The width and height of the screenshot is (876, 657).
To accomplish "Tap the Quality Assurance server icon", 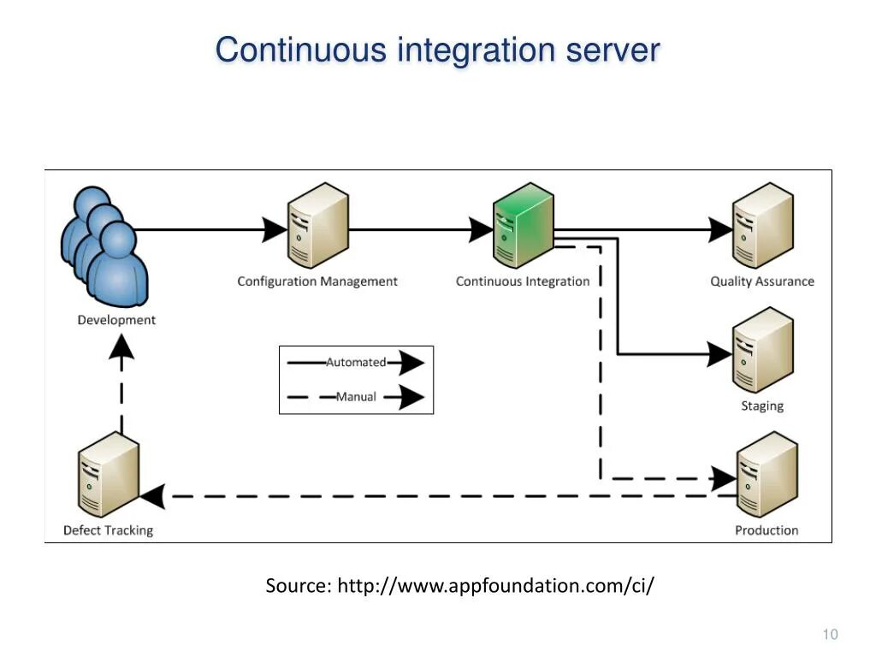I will pos(762,226).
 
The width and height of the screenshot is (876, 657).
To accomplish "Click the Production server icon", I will pos(766,476).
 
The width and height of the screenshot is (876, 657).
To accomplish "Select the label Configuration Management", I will pos(317,281).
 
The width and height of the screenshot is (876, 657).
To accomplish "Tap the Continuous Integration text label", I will pos(523,281).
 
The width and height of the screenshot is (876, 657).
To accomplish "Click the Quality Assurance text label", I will pos(762,281).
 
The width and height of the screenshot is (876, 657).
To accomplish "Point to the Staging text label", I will pos(762,406).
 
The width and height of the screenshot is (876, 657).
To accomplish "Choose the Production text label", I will pos(766,530).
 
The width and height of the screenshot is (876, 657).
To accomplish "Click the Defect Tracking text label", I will pos(108,530).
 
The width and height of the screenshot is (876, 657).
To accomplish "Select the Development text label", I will pos(116,320).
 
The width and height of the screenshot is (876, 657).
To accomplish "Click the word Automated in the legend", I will pos(356,363).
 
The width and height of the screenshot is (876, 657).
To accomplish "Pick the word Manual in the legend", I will pos(356,397).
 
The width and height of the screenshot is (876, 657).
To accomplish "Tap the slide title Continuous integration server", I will pos(437,50).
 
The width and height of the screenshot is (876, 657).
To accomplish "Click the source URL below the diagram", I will pos(460,586).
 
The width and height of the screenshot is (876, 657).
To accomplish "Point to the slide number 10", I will pos(830,634).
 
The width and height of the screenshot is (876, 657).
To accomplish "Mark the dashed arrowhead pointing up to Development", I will pos(121,346).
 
